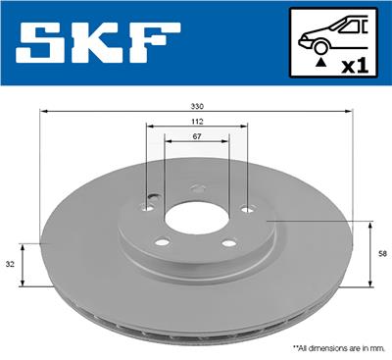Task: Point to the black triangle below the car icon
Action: pyautogui.click(x=320, y=62)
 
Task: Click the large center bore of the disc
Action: pyautogui.click(x=195, y=220)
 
